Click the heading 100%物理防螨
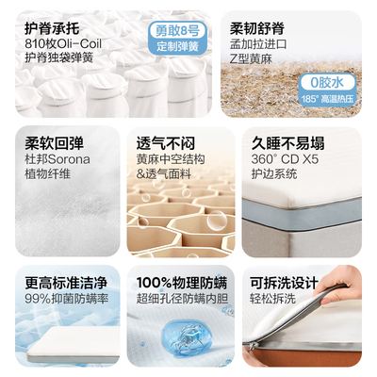coord(185,282)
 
